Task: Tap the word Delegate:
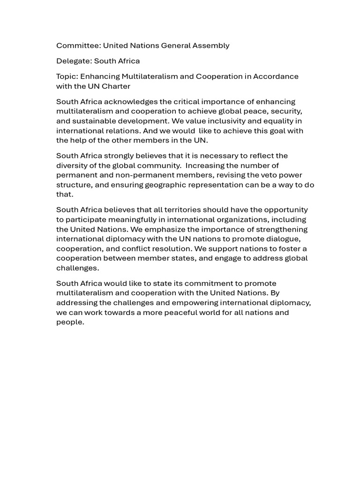pos(74,61)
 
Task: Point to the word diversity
pos(73,165)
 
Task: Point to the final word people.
pos(70,322)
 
